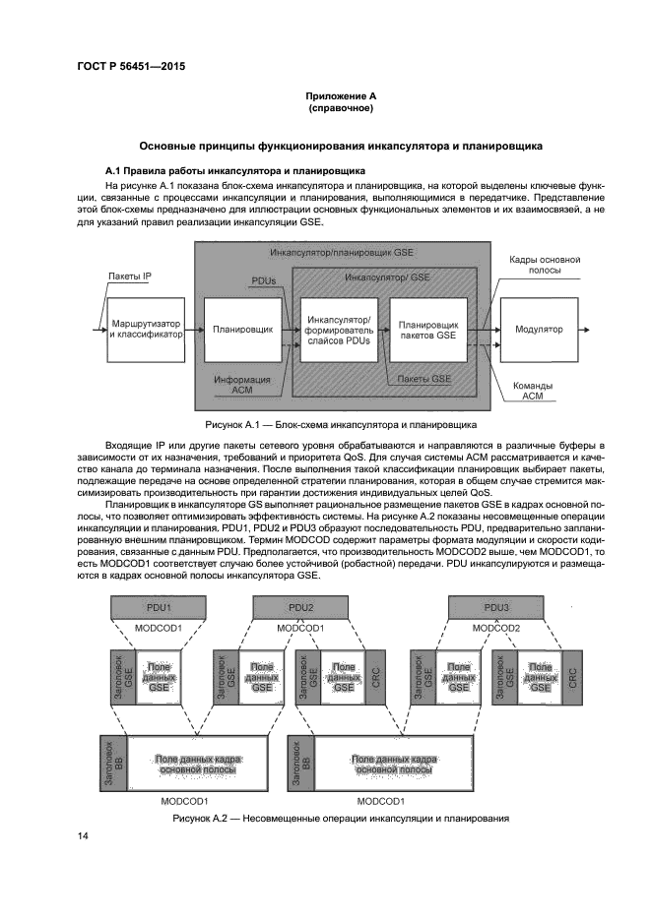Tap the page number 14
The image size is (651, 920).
(x=84, y=835)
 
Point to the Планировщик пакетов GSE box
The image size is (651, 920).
(x=433, y=329)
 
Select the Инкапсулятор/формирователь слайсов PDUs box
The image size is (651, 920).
(x=339, y=330)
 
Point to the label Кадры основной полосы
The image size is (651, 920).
(x=544, y=265)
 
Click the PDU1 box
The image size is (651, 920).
(x=159, y=607)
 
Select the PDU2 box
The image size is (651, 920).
(x=301, y=607)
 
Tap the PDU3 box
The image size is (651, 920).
(x=497, y=607)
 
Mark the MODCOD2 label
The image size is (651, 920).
(x=497, y=627)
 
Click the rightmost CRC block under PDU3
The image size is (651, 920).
(x=573, y=677)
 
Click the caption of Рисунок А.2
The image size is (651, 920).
(x=340, y=819)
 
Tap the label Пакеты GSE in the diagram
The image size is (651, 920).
(x=424, y=378)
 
